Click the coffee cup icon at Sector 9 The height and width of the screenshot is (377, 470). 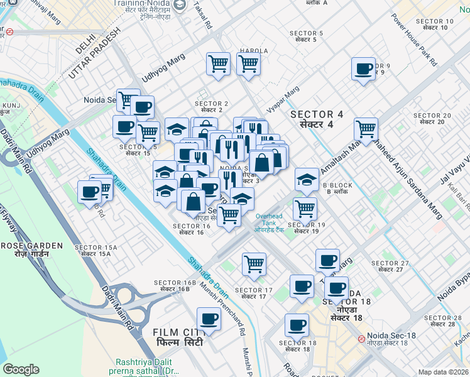pyautogui.click(x=363, y=68)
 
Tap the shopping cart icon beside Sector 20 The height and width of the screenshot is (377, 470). pyautogui.click(x=366, y=129)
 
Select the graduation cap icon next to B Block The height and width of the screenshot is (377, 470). pyautogui.click(x=307, y=180)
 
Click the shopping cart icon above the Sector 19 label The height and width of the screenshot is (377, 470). pyautogui.click(x=305, y=208)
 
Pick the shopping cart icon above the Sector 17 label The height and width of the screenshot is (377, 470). pyautogui.click(x=254, y=263)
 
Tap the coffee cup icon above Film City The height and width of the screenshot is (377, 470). pyautogui.click(x=209, y=319)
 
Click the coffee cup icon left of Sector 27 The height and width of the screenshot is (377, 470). pyautogui.click(x=327, y=260)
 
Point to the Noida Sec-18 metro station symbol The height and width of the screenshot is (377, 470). pyautogui.click(x=361, y=339)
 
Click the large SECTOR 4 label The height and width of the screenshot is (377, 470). pyautogui.click(x=317, y=119)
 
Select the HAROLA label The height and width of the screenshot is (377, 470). pyautogui.click(x=253, y=51)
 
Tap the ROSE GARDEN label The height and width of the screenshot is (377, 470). pyautogui.click(x=31, y=249)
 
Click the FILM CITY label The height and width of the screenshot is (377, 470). pyautogui.click(x=176, y=336)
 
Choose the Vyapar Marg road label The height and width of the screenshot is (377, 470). pyautogui.click(x=282, y=100)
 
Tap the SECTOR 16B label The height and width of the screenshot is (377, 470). pyautogui.click(x=175, y=286)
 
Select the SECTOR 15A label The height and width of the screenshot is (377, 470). pyautogui.click(x=96, y=250)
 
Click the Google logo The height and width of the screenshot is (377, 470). pyautogui.click(x=21, y=369)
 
